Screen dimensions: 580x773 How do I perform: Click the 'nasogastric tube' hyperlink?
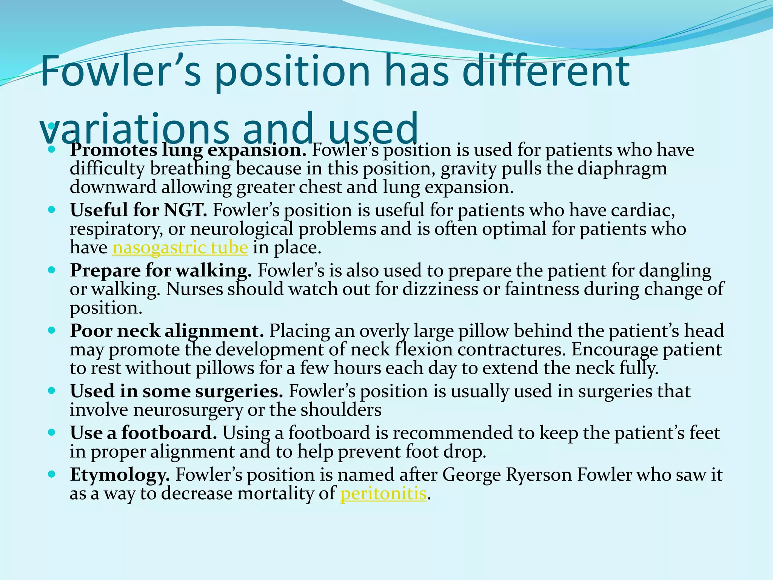click(180, 248)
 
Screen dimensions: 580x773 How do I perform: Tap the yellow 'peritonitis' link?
click(383, 494)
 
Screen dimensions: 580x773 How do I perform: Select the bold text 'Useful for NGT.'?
click(139, 210)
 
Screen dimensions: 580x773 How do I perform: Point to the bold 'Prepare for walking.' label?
click(161, 270)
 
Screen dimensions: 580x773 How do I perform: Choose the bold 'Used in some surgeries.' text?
click(176, 391)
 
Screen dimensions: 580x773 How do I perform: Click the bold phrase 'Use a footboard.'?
click(143, 433)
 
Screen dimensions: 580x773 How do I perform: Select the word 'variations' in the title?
click(134, 128)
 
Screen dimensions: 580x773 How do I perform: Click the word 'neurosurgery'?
click(188, 410)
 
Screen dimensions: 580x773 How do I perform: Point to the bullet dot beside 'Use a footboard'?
click(52, 432)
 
